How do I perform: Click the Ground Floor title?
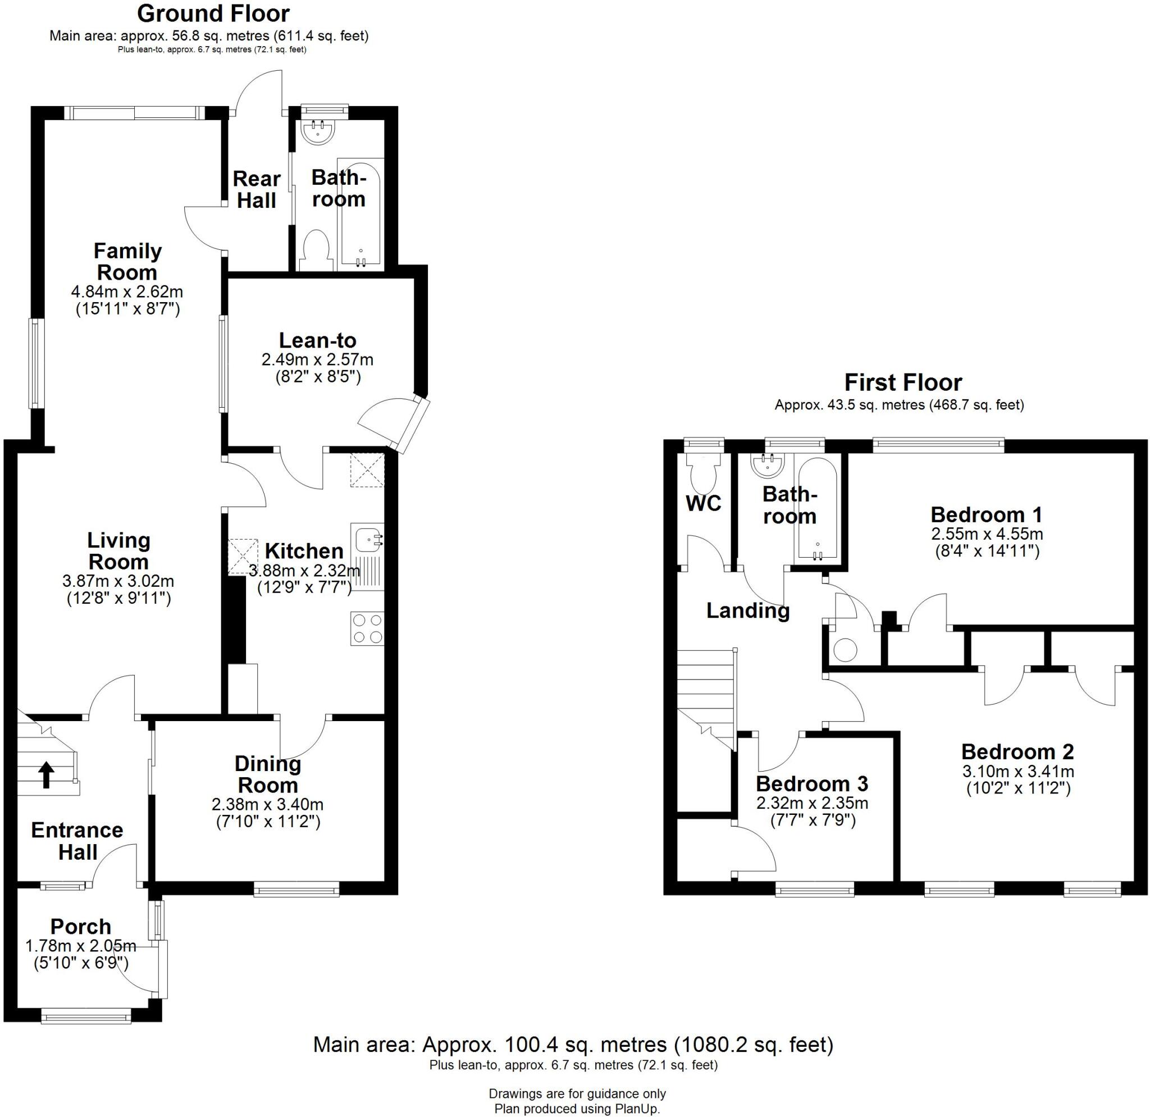point(213,13)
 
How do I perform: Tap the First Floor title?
point(902,382)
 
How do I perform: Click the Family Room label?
point(127,262)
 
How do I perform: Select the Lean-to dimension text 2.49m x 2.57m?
point(317,359)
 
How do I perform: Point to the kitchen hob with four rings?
point(367,628)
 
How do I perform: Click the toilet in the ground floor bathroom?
point(316,250)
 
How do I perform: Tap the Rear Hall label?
point(257,189)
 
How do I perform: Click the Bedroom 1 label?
point(986,514)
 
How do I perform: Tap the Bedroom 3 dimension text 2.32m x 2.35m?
point(812,803)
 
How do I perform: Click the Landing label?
point(747,610)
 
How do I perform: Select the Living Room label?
point(118,551)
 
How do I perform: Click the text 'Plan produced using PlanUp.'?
point(577,1109)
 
